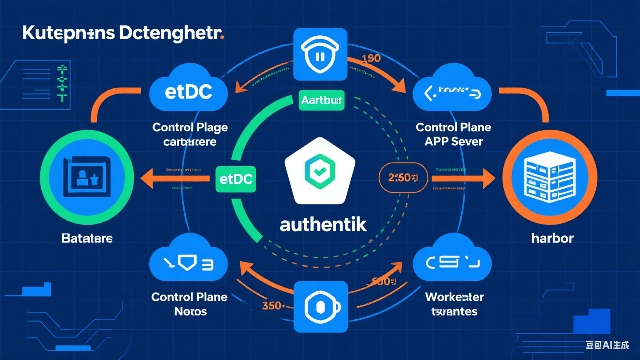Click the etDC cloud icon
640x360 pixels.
pyautogui.click(x=188, y=91)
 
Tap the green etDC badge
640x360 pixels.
pyautogui.click(x=236, y=179)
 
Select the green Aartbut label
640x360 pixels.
pyautogui.click(x=321, y=100)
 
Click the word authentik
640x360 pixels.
pyautogui.click(x=323, y=225)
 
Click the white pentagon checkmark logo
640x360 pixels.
pyautogui.click(x=320, y=171)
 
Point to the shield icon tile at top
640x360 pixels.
pyautogui.click(x=320, y=55)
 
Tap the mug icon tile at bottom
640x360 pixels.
pyautogui.click(x=320, y=307)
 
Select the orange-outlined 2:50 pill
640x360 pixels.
pyautogui.click(x=403, y=178)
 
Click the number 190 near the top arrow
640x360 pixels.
pyautogui.click(x=371, y=58)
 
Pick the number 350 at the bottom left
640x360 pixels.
pyautogui.click(x=272, y=305)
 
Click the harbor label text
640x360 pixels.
pyautogui.click(x=552, y=238)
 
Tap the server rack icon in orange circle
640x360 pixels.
pyautogui.click(x=550, y=177)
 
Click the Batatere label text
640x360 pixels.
pyautogui.click(x=87, y=238)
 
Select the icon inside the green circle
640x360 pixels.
pyautogui.click(x=87, y=177)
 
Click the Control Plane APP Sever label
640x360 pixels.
pyautogui.click(x=453, y=134)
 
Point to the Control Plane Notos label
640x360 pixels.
pyautogui.click(x=190, y=304)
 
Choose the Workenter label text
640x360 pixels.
pyautogui.click(x=454, y=297)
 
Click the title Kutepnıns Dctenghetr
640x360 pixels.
pyautogui.click(x=123, y=33)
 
